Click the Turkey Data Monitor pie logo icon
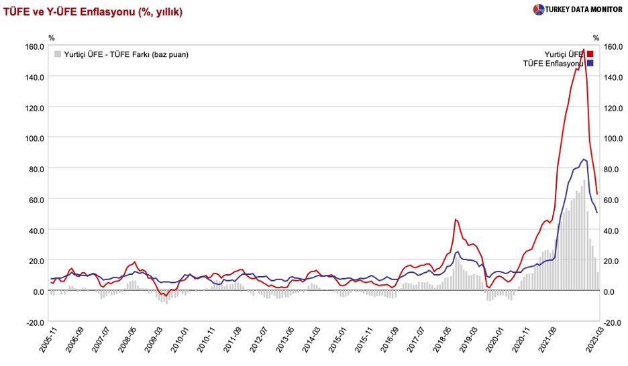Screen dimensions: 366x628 (538, 10)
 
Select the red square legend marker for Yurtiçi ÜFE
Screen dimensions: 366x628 (590, 54)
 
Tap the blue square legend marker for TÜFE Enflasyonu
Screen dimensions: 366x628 (590, 63)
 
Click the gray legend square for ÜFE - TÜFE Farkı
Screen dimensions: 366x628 (58, 54)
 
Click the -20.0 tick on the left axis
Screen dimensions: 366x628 (34, 322)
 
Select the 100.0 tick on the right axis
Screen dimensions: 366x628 (613, 138)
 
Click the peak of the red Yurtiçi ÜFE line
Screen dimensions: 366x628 (583, 49)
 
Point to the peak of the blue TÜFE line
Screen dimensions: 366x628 (584, 159)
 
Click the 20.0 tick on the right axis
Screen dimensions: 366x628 (613, 261)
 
